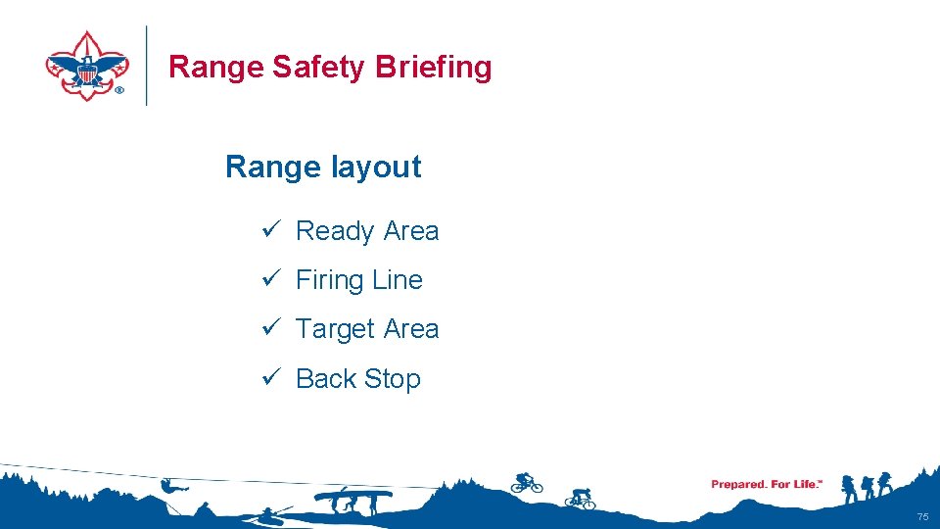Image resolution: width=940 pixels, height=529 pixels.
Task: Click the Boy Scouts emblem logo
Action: [87, 66]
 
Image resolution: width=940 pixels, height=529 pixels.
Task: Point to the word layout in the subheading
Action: [376, 168]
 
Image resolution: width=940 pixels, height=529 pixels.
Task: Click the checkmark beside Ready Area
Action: [272, 230]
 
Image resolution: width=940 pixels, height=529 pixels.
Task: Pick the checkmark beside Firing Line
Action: [272, 279]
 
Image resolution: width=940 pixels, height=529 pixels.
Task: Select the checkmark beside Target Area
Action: [272, 328]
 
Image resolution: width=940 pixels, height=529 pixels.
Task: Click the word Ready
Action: [335, 232]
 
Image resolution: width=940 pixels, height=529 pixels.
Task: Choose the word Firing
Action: [330, 281]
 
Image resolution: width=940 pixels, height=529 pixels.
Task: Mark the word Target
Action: [335, 330]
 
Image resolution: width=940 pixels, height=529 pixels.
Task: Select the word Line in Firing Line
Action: [398, 280]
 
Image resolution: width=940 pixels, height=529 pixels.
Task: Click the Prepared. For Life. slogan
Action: [767, 484]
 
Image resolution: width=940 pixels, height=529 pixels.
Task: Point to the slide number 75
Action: [921, 516]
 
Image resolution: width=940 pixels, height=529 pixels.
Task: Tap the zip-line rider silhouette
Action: [171, 484]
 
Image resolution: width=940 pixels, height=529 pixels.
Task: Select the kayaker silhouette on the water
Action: [268, 513]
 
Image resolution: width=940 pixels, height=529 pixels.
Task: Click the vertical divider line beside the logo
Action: [147, 66]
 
